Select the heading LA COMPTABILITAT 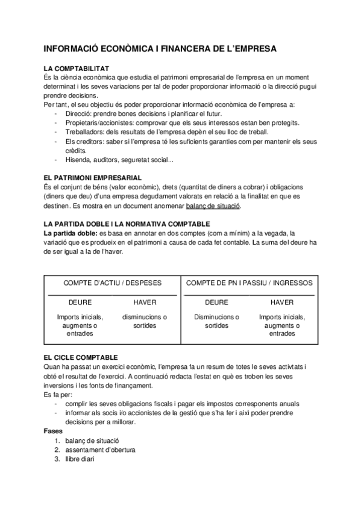click(x=77, y=69)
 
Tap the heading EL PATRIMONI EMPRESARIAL click(x=93, y=178)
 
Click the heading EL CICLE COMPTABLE click(x=81, y=357)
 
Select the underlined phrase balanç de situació click(x=213, y=205)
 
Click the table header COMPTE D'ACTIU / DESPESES click(x=112, y=283)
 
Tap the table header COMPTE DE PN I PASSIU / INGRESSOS click(x=249, y=283)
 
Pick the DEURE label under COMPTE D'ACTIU click(x=80, y=303)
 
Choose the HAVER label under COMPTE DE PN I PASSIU click(x=281, y=303)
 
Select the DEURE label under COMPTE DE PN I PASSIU click(x=216, y=303)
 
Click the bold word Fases click(x=54, y=432)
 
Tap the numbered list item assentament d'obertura click(x=101, y=450)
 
